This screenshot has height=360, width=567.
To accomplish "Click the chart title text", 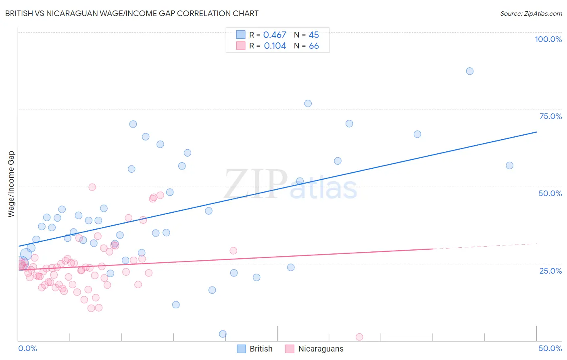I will (x=132, y=13).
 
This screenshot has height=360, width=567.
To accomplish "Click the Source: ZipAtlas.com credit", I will (x=531, y=13).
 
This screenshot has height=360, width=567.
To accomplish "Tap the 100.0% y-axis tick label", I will (x=548, y=39).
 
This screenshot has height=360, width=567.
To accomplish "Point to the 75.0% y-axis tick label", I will (x=550, y=116).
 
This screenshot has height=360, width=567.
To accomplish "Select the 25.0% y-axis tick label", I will (x=550, y=270).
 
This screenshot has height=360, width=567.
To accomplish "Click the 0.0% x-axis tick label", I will (x=27, y=348).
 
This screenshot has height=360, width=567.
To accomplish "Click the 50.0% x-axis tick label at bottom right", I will (x=550, y=348).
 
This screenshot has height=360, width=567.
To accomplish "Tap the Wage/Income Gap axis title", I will (x=11, y=184).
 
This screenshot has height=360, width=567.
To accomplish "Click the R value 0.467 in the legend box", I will (x=275, y=35).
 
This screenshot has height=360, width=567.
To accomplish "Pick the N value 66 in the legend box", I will (x=314, y=46).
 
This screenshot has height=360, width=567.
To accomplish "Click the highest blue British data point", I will (x=470, y=71).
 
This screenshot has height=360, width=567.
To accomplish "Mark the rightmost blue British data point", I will (x=510, y=165).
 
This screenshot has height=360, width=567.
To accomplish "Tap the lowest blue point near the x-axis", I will (x=223, y=334).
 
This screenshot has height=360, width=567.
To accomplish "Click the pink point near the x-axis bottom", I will (x=359, y=337).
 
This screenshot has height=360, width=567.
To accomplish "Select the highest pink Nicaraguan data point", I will (x=92, y=187).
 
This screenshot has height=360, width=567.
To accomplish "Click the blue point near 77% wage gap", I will (x=308, y=103).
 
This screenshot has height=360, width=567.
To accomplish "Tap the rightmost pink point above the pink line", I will (x=233, y=251).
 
